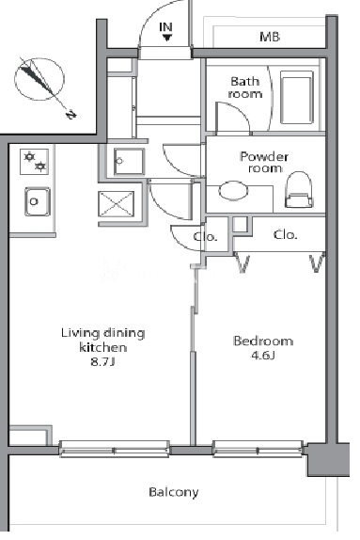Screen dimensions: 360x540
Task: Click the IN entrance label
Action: point(166,27)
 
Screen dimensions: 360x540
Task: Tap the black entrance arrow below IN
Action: point(167,38)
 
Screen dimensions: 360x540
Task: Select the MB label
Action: point(270,37)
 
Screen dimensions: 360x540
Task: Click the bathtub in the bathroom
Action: point(297,97)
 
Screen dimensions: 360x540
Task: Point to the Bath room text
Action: point(245,87)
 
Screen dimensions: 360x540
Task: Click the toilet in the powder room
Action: point(299,190)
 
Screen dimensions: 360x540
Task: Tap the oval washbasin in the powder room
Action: point(233,190)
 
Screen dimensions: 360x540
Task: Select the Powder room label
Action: point(264,162)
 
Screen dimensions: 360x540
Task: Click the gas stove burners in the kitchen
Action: point(34,162)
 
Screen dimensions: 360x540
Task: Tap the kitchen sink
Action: point(38,201)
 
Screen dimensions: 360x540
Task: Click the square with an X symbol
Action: point(117,204)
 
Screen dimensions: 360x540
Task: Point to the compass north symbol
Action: point(40,80)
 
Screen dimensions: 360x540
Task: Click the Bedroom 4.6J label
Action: point(263,347)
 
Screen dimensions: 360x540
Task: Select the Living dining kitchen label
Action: point(102,340)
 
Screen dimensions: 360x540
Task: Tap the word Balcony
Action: point(174,492)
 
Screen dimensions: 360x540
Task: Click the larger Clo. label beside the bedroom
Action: point(285,235)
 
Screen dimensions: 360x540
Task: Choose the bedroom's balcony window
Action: point(258,449)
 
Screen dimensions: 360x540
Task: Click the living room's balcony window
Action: point(115,449)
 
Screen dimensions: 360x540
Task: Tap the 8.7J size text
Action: point(102,362)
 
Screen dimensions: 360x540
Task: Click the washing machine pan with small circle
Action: point(129,162)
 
